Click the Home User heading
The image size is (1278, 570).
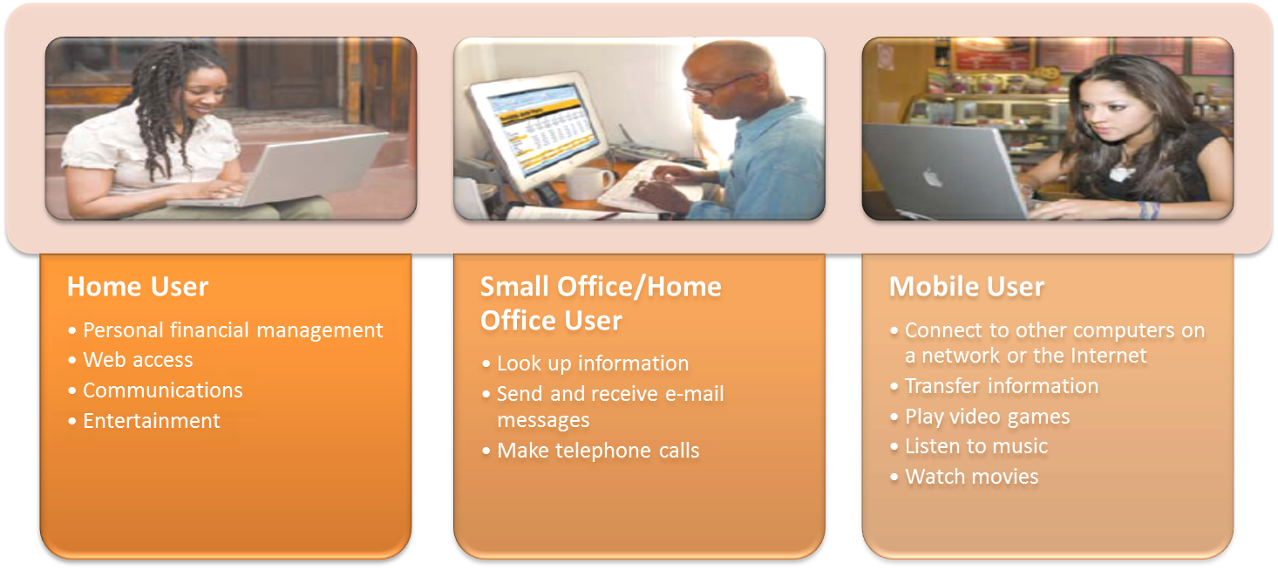138,287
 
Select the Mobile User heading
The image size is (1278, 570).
967,287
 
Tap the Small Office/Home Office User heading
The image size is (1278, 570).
601,303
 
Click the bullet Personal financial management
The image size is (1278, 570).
233,330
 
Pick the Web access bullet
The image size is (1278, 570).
138,360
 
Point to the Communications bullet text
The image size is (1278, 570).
163,390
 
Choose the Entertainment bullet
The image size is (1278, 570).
151,421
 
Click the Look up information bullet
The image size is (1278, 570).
593,363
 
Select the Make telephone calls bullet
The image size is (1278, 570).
598,451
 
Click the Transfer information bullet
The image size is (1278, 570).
1002,386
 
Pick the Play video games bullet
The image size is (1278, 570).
987,417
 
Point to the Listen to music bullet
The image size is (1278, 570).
976,446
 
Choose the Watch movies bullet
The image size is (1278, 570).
972,477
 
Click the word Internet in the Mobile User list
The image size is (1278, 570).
1109,356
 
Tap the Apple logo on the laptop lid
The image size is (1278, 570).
933,178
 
